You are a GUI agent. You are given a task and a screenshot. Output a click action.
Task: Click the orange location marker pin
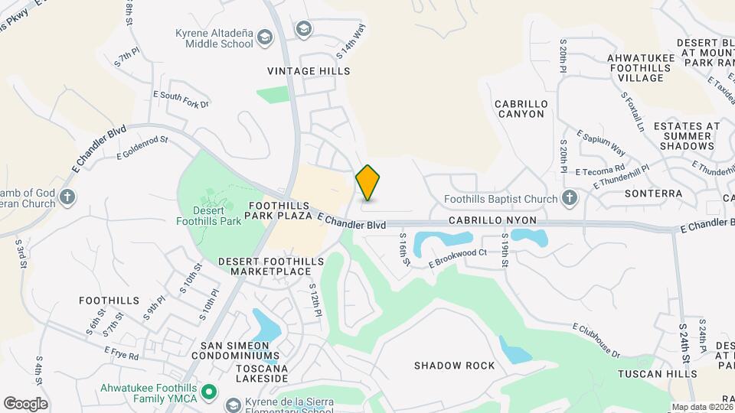pyautogui.click(x=367, y=184)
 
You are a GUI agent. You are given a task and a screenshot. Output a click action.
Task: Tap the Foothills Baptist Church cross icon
pyautogui.click(x=569, y=199)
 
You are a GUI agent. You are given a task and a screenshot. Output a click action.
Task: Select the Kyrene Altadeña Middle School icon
pyautogui.click(x=265, y=37)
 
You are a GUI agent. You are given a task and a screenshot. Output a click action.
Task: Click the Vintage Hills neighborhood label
pyautogui.click(x=309, y=71)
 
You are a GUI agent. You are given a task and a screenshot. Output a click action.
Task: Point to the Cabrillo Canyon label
pyautogui.click(x=519, y=109)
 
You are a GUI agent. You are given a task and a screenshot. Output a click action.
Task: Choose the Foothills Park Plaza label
pyautogui.click(x=278, y=211)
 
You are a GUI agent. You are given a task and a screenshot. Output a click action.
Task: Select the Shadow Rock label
pyautogui.click(x=455, y=366)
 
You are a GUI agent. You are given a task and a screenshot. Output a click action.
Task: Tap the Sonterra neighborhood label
pyautogui.click(x=653, y=193)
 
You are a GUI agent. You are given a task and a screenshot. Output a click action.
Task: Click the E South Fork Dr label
pyautogui.click(x=181, y=99)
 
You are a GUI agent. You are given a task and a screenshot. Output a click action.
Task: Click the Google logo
pyautogui.click(x=25, y=404)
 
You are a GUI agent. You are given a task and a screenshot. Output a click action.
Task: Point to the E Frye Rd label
pyautogui.click(x=122, y=353)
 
